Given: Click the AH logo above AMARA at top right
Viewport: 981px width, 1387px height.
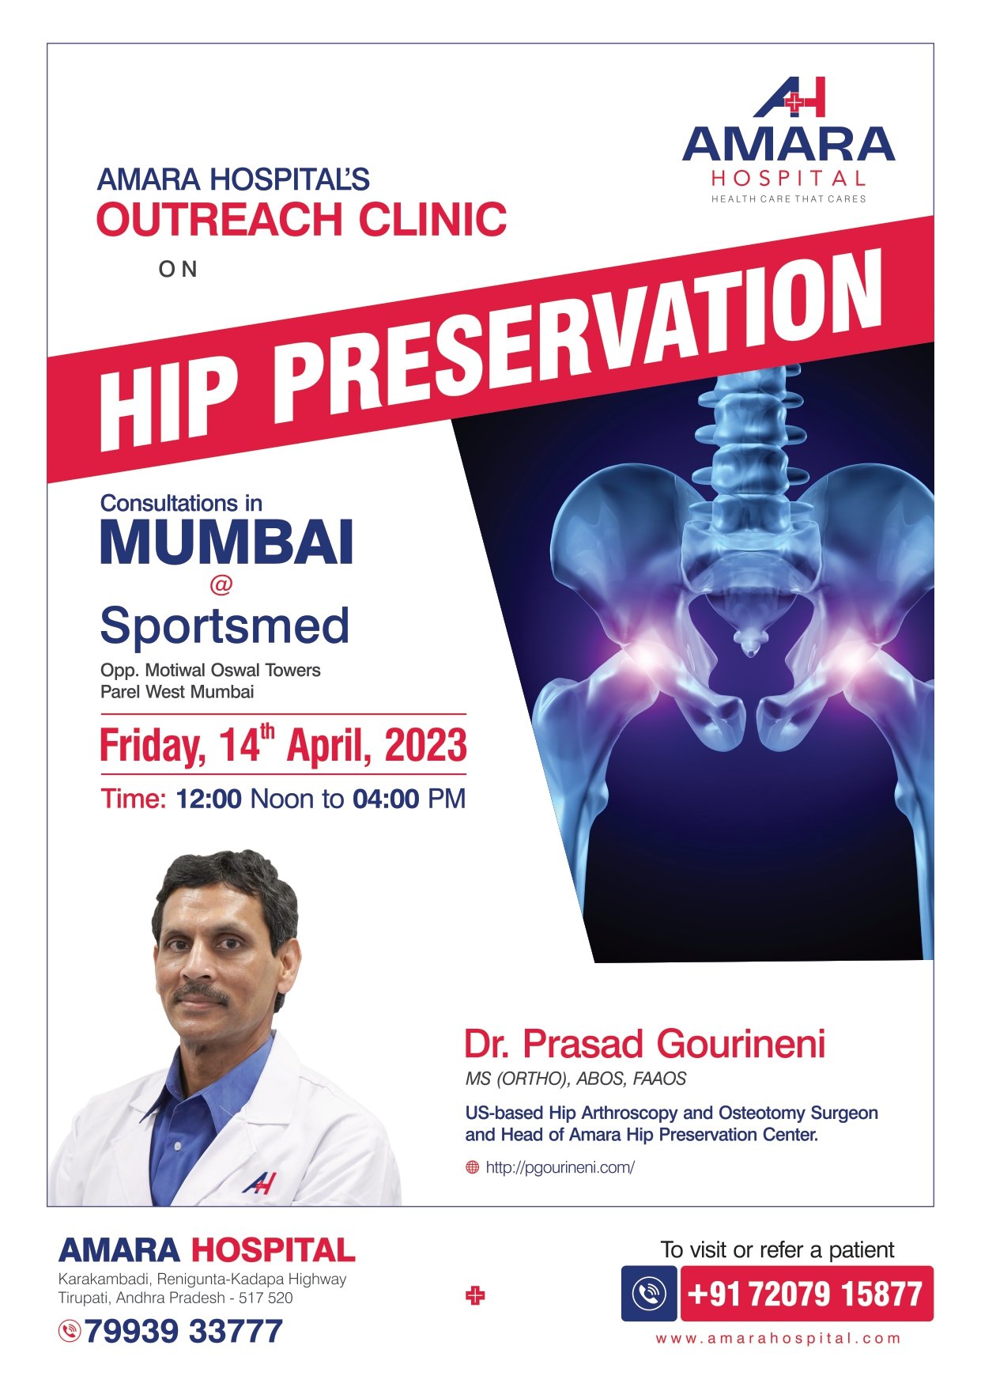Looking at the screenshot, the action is pyautogui.click(x=789, y=96).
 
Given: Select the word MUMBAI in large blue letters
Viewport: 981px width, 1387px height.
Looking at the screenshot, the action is pyautogui.click(x=226, y=542).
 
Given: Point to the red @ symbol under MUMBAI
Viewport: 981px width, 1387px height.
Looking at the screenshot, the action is pyautogui.click(x=221, y=585).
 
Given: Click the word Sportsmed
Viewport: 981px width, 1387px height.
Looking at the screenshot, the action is pyautogui.click(x=224, y=625).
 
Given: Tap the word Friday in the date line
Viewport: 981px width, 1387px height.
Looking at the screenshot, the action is pyautogui.click(x=153, y=746).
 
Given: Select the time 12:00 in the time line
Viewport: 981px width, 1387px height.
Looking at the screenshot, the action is pyautogui.click(x=209, y=799).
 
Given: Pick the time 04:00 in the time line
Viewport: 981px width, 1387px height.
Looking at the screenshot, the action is pyautogui.click(x=386, y=799).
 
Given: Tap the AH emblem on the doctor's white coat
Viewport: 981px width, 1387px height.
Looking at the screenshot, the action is pyautogui.click(x=258, y=1183).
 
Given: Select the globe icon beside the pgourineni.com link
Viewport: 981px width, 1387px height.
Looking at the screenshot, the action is pyautogui.click(x=473, y=1167).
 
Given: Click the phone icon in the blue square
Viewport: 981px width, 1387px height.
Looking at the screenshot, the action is pyautogui.click(x=649, y=1294).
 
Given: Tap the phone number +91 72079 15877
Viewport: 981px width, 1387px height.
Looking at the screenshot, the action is pyautogui.click(x=806, y=1294).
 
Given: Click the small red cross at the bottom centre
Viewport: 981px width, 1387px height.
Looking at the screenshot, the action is pyautogui.click(x=475, y=1296).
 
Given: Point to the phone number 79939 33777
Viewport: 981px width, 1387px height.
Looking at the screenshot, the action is pyautogui.click(x=183, y=1331).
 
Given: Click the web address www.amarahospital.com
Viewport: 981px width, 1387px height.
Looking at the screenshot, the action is pyautogui.click(x=778, y=1339).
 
